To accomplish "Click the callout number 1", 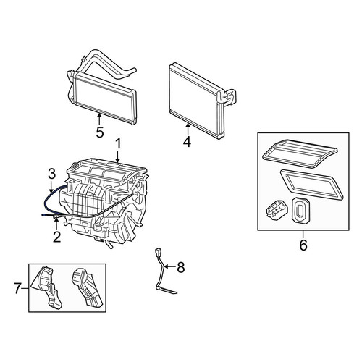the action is click(x=118, y=144).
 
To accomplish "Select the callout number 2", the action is click(x=57, y=237).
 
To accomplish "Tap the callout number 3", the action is click(x=51, y=174).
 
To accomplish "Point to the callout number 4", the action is click(x=187, y=142).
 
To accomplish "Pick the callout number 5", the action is click(x=99, y=132).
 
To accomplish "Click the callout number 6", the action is click(x=303, y=245).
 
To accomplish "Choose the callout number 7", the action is click(x=17, y=288).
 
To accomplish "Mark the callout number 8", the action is click(x=181, y=267).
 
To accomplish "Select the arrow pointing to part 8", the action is click(x=169, y=266).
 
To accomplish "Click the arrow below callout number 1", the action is click(x=117, y=156).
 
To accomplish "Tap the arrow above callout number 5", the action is click(x=99, y=119).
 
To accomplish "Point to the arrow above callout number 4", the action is click(x=188, y=129).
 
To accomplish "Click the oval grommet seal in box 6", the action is click(x=300, y=209).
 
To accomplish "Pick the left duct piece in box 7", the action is click(x=48, y=287).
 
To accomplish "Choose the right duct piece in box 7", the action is click(x=88, y=287).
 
